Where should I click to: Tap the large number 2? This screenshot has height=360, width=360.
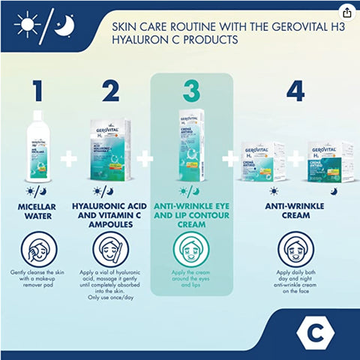click(110, 91)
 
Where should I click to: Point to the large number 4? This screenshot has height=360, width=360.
click(295, 91)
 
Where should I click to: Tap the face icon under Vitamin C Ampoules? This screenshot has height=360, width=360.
click(110, 250)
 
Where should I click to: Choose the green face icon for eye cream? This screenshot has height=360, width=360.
click(191, 249)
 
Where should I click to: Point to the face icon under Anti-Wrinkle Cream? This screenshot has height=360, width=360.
click(295, 250)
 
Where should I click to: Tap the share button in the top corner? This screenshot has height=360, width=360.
click(346, 13)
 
